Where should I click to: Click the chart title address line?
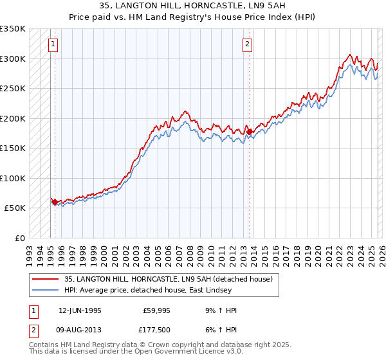tap(192, 7)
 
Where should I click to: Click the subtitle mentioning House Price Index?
tap(192, 17)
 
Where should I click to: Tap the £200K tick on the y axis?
tap(13, 118)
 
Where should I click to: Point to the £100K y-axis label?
tap(13, 178)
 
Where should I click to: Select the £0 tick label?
tap(19, 238)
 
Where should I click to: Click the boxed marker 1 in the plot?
tap(52, 44)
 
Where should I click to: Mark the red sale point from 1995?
tap(55, 202)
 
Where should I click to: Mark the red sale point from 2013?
tap(249, 132)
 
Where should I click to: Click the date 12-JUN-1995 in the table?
tap(80, 310)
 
